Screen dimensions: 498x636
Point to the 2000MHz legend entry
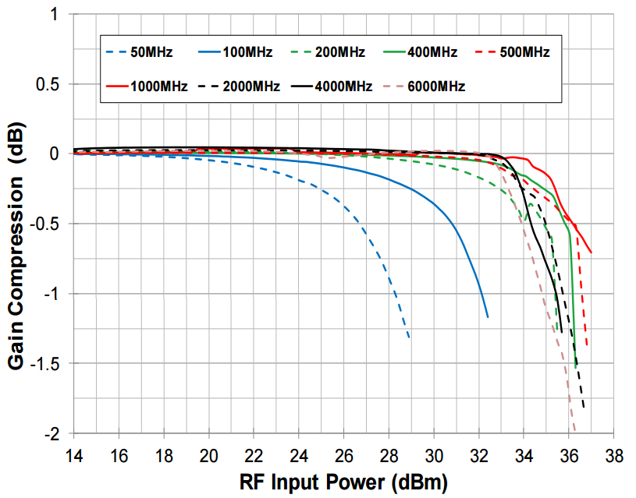point(250,86)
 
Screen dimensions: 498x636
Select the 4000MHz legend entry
point(343,86)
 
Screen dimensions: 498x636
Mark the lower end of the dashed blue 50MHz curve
point(410,338)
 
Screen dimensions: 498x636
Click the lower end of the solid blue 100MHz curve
point(488,317)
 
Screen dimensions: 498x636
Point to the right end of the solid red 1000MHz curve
point(592,253)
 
